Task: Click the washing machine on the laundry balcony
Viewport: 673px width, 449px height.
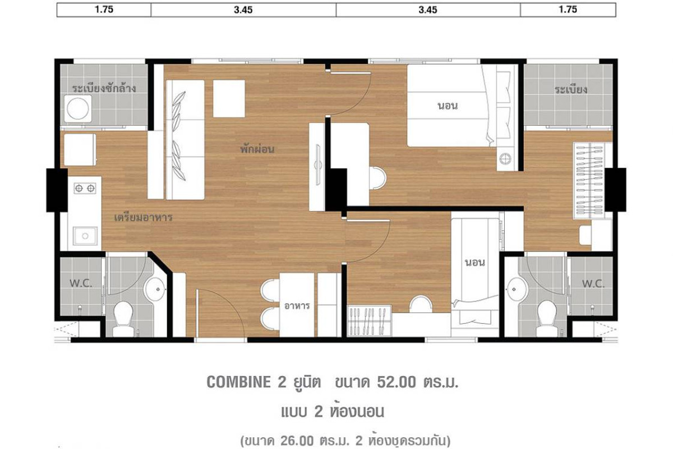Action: pyautogui.click(x=78, y=108)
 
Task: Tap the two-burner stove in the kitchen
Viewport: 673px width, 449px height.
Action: pyautogui.click(x=85, y=188)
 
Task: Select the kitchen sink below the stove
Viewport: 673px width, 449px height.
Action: pyautogui.click(x=85, y=236)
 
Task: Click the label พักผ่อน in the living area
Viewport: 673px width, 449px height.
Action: pyautogui.click(x=257, y=149)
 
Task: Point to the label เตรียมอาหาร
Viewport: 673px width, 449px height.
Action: pyautogui.click(x=144, y=217)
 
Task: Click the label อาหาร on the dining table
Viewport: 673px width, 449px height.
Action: pyautogui.click(x=297, y=306)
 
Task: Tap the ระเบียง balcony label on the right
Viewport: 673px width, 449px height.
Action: pyautogui.click(x=571, y=90)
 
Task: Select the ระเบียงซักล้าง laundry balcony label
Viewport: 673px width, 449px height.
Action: pyautogui.click(x=104, y=88)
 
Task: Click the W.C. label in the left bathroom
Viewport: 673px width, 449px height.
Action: pyautogui.click(x=81, y=283)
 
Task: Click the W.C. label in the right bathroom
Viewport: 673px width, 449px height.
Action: pyautogui.click(x=593, y=283)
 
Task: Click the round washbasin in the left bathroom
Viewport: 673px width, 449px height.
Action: pyautogui.click(x=155, y=289)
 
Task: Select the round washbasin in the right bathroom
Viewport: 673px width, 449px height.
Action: pyautogui.click(x=517, y=289)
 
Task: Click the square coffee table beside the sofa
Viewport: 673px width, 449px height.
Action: pyautogui.click(x=229, y=98)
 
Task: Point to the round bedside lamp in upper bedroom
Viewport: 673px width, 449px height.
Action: pyautogui.click(x=505, y=158)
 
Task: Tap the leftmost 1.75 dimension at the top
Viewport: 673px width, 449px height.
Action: pyautogui.click(x=104, y=10)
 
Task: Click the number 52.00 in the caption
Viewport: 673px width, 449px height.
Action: pyautogui.click(x=397, y=382)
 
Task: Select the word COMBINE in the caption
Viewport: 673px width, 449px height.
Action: pyautogui.click(x=239, y=382)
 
